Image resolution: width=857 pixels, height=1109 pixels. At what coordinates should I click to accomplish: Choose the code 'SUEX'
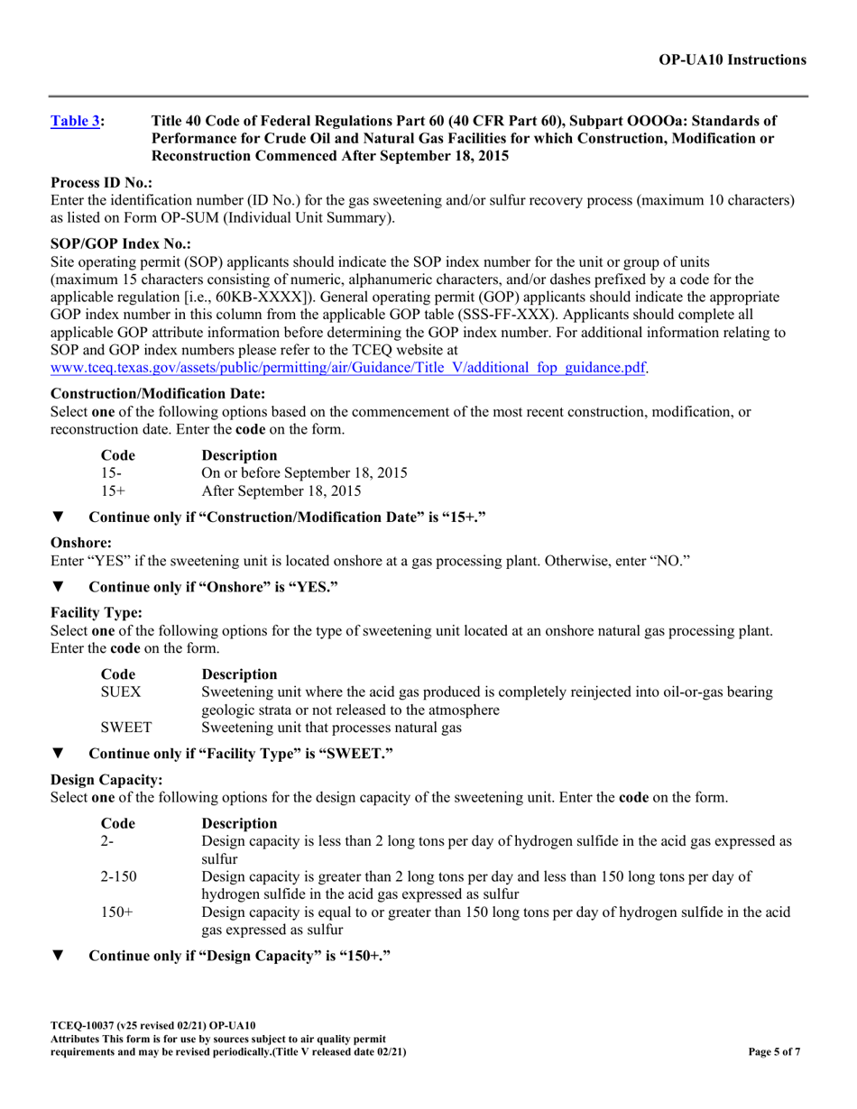[x=121, y=692]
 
